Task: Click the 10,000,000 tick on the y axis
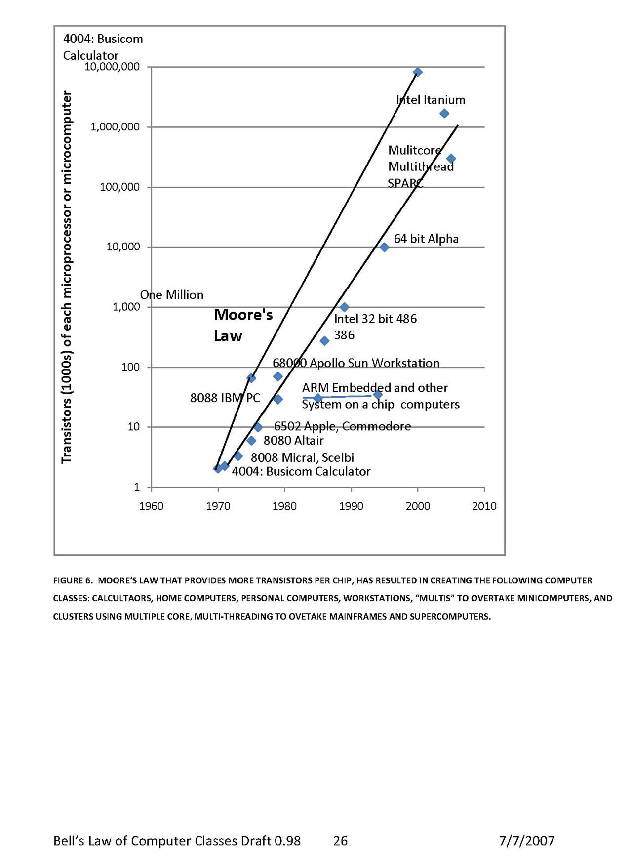pos(112,67)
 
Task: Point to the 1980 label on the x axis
pos(284,506)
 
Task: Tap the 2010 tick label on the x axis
pos(484,506)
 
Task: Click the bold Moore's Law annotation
pos(243,325)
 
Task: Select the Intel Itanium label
pos(431,100)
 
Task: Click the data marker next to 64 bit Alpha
pos(384,247)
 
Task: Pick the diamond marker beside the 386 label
pos(324,341)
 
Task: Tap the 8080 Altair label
pos(293,441)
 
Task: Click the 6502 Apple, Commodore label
pos(342,426)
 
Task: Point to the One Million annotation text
pos(172,295)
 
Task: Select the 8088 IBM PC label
pos(225,398)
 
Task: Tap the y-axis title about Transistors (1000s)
pos(66,277)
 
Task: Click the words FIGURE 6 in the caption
pos(73,580)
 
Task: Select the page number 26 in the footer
pos(340,841)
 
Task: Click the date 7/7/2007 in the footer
pos(526,841)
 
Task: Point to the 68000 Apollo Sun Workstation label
pos(356,363)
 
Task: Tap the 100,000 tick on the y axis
pos(119,187)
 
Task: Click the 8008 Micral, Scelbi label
pos(302,457)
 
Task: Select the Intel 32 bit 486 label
pos(375,319)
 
